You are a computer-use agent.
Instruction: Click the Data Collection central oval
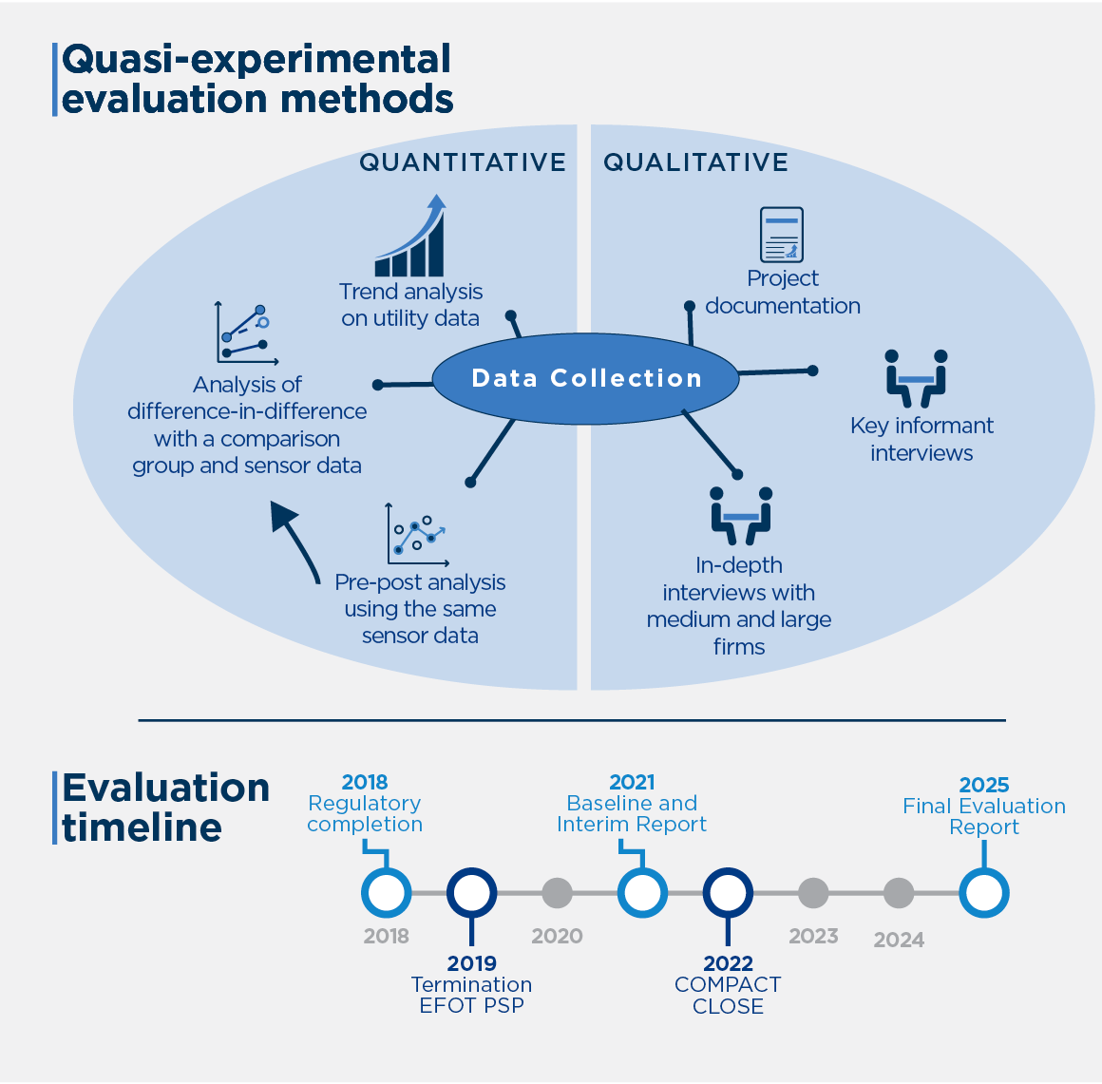(586, 379)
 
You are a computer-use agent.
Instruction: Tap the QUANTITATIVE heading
(463, 162)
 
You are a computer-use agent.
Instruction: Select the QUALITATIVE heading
(695, 162)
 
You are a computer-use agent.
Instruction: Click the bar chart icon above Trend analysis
(411, 237)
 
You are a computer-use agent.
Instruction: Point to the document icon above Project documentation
(782, 235)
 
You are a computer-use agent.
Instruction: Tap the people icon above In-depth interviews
(741, 516)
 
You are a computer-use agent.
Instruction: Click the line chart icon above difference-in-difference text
(246, 334)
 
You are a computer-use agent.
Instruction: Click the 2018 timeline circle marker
(387, 893)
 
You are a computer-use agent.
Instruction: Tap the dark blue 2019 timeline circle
(471, 893)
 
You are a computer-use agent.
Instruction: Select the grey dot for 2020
(557, 893)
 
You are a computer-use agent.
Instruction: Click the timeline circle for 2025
(983, 893)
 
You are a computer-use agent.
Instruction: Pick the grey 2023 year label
(813, 937)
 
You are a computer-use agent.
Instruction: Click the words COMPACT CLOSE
(728, 996)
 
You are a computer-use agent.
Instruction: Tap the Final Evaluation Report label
(984, 816)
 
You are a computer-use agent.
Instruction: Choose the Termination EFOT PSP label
(471, 995)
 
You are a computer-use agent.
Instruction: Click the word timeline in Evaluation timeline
(142, 827)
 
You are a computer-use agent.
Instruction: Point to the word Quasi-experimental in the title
(256, 60)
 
